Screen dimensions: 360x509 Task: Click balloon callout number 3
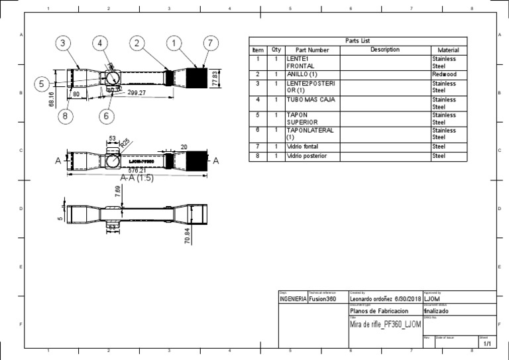pos(62,43)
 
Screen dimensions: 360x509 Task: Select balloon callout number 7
pos(210,43)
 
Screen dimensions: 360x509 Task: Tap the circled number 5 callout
pos(41,84)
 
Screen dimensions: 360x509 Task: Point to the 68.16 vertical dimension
pos(52,102)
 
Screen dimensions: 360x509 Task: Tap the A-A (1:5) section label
pos(137,178)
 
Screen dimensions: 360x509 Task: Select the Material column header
pos(449,50)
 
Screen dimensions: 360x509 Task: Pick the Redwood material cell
pos(444,74)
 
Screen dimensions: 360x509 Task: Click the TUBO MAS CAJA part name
pos(311,99)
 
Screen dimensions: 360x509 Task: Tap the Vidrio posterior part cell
pos(311,156)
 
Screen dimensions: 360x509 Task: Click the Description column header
pos(385,50)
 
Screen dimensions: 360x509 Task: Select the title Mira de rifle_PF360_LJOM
pos(384,323)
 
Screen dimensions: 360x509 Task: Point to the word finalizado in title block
pos(437,311)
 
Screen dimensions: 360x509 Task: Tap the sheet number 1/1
pos(487,344)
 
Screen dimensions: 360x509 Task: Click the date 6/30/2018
pos(408,300)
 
